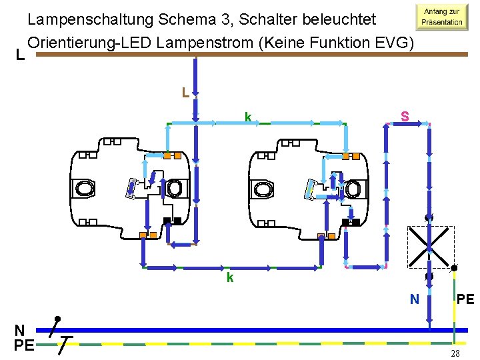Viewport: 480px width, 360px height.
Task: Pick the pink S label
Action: click(404, 117)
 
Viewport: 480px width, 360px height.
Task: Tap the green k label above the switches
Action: click(247, 117)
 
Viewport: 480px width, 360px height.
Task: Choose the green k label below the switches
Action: click(229, 277)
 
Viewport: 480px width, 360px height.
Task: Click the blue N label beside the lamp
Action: click(414, 300)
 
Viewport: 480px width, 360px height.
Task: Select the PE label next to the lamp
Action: click(465, 299)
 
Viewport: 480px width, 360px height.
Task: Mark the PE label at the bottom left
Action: click(23, 346)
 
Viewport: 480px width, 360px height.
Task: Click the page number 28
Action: click(455, 353)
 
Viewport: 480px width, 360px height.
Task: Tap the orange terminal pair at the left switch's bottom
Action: click(149, 235)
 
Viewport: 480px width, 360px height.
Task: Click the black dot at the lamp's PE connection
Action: click(454, 268)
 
